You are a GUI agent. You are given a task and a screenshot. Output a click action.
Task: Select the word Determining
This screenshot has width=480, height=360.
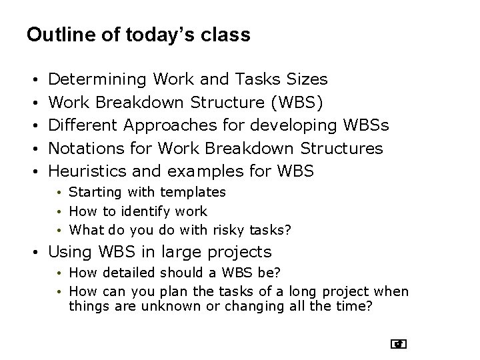point(98,80)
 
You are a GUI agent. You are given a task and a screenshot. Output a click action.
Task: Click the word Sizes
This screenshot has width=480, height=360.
point(306,80)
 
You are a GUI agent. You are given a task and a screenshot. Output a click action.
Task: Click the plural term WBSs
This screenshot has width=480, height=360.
point(366,125)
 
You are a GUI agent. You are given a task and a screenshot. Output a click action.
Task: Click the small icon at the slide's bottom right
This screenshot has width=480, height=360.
point(399,344)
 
